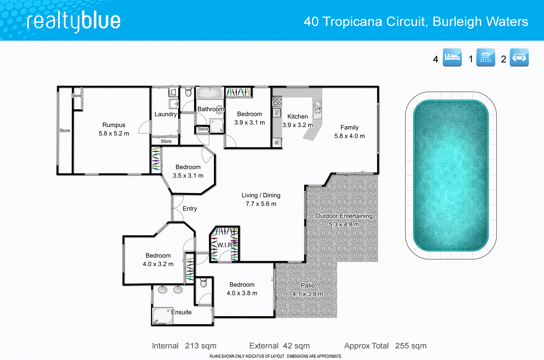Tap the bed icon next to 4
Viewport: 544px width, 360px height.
[452, 57]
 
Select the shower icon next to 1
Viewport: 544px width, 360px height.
[486, 57]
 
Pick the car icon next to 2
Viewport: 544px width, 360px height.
[519, 57]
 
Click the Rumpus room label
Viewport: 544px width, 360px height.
[114, 125]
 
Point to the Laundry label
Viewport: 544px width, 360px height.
[166, 114]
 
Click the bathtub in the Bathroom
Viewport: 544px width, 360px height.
[210, 93]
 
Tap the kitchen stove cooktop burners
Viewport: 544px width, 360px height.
[277, 101]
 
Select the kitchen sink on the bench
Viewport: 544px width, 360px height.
[318, 107]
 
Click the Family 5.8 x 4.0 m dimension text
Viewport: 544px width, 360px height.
[349, 136]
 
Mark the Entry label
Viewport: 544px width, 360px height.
[190, 208]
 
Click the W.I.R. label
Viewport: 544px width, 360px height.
[225, 245]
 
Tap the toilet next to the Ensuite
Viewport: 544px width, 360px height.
[203, 283]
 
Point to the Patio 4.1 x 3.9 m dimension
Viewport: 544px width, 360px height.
[308, 294]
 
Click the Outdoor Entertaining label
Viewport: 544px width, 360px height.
[344, 216]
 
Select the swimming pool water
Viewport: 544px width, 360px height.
[451, 175]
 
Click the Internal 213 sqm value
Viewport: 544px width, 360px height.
[201, 346]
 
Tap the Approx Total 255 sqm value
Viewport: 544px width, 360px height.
[410, 346]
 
